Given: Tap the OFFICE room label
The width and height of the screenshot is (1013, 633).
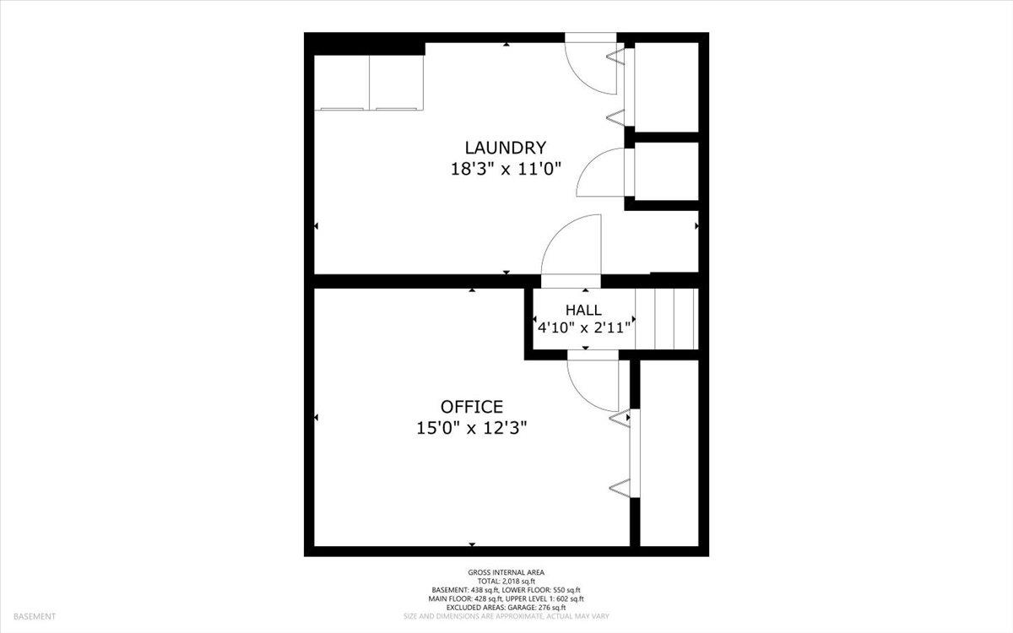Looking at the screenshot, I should point(472,407).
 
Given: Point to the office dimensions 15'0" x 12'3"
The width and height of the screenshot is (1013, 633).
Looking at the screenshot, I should point(472,429).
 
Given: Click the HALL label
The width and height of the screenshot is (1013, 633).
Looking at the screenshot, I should point(584,310).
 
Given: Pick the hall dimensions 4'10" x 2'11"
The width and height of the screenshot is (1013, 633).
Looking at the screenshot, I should point(584,327).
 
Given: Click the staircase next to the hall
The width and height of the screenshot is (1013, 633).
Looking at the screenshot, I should point(676,318).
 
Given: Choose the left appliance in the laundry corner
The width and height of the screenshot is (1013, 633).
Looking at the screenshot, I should point(343,82).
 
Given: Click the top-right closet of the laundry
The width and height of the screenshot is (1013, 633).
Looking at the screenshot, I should point(666,86).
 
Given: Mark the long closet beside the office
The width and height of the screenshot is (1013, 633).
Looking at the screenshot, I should point(669,453).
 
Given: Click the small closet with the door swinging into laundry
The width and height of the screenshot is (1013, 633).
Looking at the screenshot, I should point(666,171).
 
